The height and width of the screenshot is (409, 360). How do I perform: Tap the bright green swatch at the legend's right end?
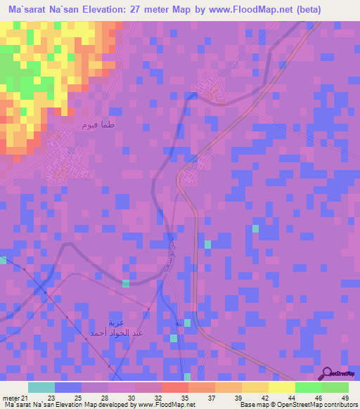coord(335,387)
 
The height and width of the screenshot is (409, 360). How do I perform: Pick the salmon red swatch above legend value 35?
coord(175,387)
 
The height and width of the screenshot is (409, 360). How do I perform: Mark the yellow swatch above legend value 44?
coord(282,387)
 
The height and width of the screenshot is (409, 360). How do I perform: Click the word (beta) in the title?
coord(341,9)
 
